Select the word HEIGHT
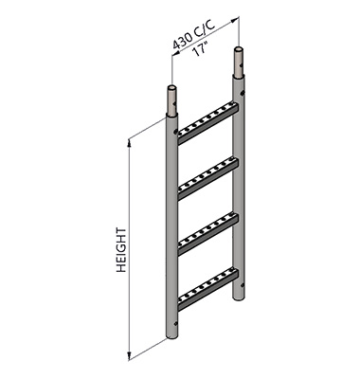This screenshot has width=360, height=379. coord(121,250)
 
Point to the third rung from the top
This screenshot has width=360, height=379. coord(206,229)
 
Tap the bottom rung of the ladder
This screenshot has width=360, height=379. coord(206,284)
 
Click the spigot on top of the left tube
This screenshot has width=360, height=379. coord(172,99)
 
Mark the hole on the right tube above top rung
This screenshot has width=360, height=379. coord(243,95)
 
